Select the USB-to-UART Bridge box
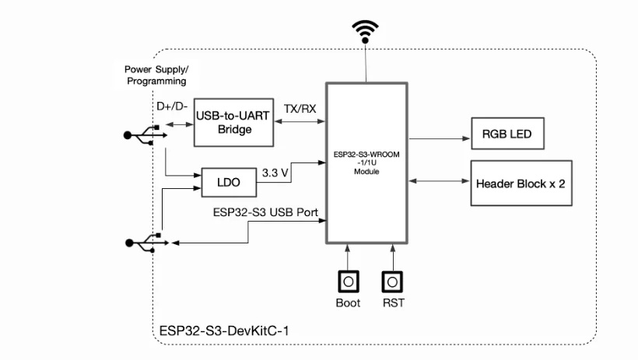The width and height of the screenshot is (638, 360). [234, 123]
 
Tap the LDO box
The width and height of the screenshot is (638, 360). [230, 183]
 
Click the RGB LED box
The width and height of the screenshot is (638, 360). [507, 134]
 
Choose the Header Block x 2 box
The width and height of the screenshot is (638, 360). [521, 183]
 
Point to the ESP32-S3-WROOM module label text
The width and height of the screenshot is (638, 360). [366, 163]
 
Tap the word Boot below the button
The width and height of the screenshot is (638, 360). [348, 303]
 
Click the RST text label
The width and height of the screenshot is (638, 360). [393, 303]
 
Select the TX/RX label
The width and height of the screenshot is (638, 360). [300, 109]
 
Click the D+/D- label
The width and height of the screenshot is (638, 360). [171, 107]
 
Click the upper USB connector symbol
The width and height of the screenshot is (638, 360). [144, 135]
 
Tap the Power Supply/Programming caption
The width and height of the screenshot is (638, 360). [156, 75]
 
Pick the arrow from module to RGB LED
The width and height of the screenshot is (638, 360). [440, 138]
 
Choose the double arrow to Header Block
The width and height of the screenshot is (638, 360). [440, 181]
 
